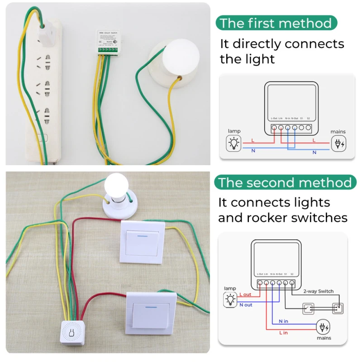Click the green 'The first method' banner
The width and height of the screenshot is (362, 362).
point(276,23)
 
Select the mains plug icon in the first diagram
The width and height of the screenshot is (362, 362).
point(338,144)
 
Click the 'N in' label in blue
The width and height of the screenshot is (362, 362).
point(284,321)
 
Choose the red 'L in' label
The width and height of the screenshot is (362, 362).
point(283,333)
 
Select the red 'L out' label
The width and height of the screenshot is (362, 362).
point(245,295)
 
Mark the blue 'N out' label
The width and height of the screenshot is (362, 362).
point(246,305)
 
